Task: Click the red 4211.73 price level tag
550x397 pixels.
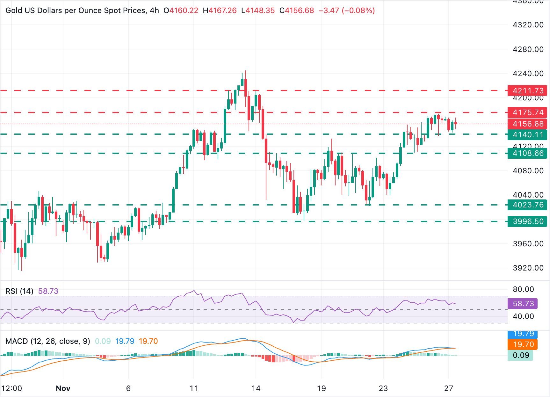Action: [527, 91]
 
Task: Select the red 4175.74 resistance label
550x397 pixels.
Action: [527, 112]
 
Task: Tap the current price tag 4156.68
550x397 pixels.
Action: [527, 124]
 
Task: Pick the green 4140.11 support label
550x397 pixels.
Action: [527, 135]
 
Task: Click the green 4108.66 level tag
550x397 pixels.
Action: [527, 153]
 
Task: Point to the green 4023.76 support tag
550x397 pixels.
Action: [527, 205]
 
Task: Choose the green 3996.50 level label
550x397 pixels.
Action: [527, 221]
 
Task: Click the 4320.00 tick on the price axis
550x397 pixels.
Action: [528, 25]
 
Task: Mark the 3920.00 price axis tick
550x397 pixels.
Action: [528, 268]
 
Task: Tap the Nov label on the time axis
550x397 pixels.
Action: [63, 388]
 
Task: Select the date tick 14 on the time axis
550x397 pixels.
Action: [256, 388]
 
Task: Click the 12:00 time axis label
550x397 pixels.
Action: [12, 388]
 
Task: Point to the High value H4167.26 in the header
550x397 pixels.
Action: [220, 11]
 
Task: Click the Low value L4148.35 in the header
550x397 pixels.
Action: [258, 11]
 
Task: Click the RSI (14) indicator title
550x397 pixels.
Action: [19, 291]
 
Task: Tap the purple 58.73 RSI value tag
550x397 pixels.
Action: [523, 304]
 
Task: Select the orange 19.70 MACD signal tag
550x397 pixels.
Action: [523, 344]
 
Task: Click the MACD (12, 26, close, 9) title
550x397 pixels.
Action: [48, 341]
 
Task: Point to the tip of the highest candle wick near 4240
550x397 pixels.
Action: [246, 71]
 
